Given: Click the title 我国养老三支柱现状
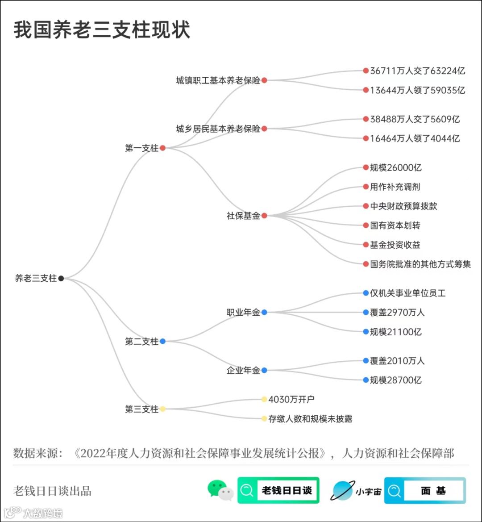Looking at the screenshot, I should point(102,30).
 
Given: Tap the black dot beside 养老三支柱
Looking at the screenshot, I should point(61,278).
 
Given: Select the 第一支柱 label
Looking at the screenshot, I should point(141,148).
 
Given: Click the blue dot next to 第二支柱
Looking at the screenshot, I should point(162,341).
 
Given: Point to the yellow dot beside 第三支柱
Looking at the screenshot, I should point(162,409).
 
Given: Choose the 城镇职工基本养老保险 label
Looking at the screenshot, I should point(218,80).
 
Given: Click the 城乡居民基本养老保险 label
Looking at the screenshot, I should point(218,129).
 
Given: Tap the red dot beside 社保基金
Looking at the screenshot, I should point(264,216).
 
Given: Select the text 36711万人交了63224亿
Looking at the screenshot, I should point(417,71).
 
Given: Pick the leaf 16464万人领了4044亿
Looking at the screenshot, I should point(415,138).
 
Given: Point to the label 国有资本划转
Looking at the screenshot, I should point(395,226).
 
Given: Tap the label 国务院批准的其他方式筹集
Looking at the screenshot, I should point(420,264).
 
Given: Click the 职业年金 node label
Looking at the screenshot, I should point(243,313).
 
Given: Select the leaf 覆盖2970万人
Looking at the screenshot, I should point(397,313).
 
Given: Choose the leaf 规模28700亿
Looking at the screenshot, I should point(395,380).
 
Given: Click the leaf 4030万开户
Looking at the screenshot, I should point(291,399).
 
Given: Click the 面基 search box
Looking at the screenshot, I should point(425,491).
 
